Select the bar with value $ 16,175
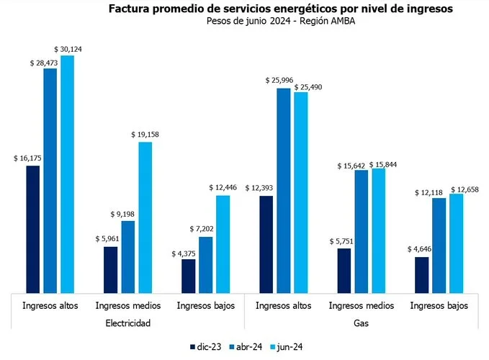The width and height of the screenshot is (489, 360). (x=32, y=229)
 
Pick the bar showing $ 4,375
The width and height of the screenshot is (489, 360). (x=188, y=276)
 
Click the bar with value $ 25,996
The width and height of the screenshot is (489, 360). (x=284, y=191)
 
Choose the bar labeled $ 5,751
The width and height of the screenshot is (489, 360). (x=344, y=270)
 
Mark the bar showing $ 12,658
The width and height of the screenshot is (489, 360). (x=457, y=243)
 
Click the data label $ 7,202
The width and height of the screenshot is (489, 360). (x=203, y=230)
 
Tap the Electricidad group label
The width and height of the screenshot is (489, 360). (x=127, y=323)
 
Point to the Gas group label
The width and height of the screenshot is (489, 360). (x=362, y=323)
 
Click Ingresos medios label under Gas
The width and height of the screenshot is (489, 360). (x=362, y=305)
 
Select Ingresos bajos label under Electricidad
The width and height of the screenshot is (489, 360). (x=206, y=305)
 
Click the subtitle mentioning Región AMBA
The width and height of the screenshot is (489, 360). (x=279, y=21)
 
